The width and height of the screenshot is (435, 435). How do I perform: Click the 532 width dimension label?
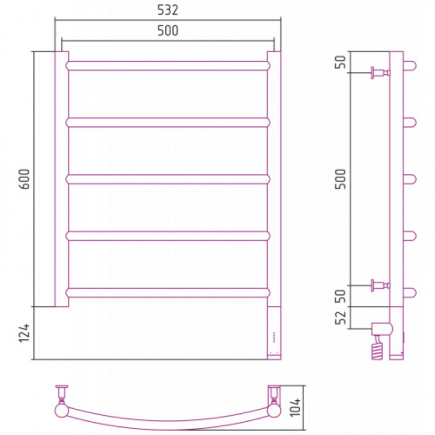click(x=168, y=10)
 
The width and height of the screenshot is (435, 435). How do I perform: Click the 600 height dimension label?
click(x=25, y=179)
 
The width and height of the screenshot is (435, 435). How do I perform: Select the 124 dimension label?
click(x=25, y=333)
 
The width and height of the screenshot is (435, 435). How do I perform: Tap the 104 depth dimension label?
click(x=296, y=407)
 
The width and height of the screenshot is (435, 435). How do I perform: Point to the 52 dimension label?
click(x=341, y=318)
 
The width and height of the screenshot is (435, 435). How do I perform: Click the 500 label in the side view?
click(x=341, y=179)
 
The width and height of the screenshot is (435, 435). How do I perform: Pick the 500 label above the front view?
click(x=168, y=30)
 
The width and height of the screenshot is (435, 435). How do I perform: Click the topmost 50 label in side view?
click(x=341, y=62)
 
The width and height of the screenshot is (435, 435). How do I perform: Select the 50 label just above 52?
click(x=341, y=296)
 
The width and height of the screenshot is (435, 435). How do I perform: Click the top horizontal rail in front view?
click(x=168, y=65)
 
